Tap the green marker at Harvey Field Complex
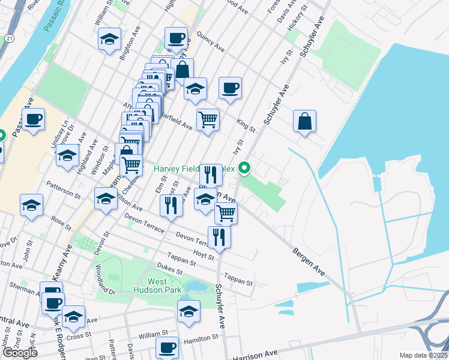click(244, 169)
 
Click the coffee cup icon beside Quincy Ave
click(176, 38)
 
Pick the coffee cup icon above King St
click(230, 88)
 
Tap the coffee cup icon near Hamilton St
click(167, 347)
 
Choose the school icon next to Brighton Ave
click(109, 39)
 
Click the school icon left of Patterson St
click(31, 205)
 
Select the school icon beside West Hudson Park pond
click(188, 311)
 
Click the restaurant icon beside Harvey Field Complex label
click(211, 175)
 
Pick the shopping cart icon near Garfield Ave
click(208, 119)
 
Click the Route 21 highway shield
click(6, 38)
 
